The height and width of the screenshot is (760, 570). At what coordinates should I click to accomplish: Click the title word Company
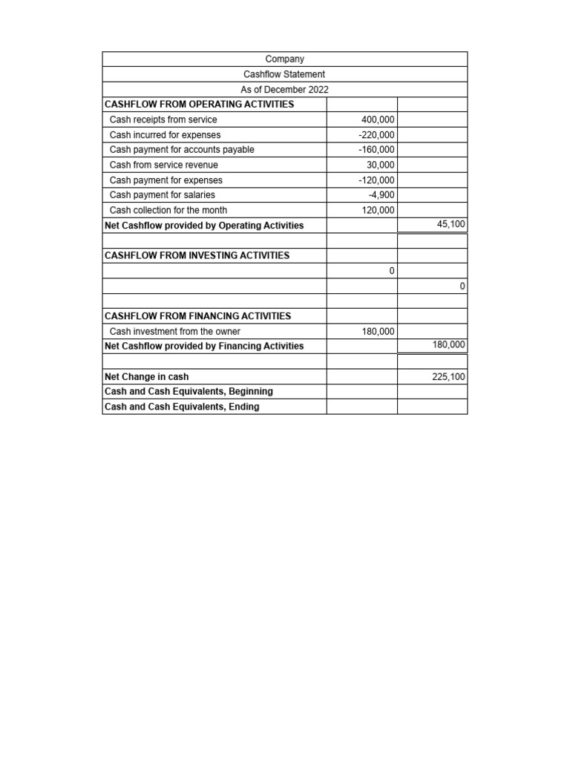(x=284, y=59)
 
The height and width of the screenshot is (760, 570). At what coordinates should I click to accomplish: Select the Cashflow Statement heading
(x=284, y=74)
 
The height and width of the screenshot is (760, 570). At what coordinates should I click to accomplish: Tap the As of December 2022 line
(x=284, y=90)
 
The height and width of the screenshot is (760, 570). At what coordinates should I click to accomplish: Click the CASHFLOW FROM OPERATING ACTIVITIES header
(x=200, y=105)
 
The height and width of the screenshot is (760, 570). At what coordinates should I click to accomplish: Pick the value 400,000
(x=378, y=119)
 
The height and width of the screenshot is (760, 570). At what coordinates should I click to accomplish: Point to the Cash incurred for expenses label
(x=165, y=135)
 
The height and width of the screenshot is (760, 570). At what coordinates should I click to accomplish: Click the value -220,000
(x=376, y=135)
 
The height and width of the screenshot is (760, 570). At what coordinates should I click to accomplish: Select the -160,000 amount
(x=376, y=150)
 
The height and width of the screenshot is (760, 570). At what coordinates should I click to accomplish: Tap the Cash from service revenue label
(x=164, y=165)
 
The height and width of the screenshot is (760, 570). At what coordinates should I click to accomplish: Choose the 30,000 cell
(x=381, y=165)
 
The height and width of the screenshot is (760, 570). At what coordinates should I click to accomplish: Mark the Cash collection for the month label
(x=168, y=210)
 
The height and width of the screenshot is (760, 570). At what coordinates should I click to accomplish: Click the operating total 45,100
(x=451, y=223)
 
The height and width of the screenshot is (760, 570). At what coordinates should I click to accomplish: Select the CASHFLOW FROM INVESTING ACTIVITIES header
(x=197, y=255)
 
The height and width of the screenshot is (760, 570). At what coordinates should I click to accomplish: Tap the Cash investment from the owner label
(x=175, y=332)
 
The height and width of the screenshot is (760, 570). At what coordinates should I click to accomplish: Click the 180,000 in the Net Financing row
(x=448, y=344)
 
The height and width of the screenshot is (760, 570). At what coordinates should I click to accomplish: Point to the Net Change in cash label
(x=147, y=377)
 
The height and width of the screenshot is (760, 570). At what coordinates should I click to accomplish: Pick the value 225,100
(x=448, y=377)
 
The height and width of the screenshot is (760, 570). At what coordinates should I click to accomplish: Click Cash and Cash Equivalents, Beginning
(x=189, y=391)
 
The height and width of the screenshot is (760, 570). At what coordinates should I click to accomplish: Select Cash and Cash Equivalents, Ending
(x=183, y=407)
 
